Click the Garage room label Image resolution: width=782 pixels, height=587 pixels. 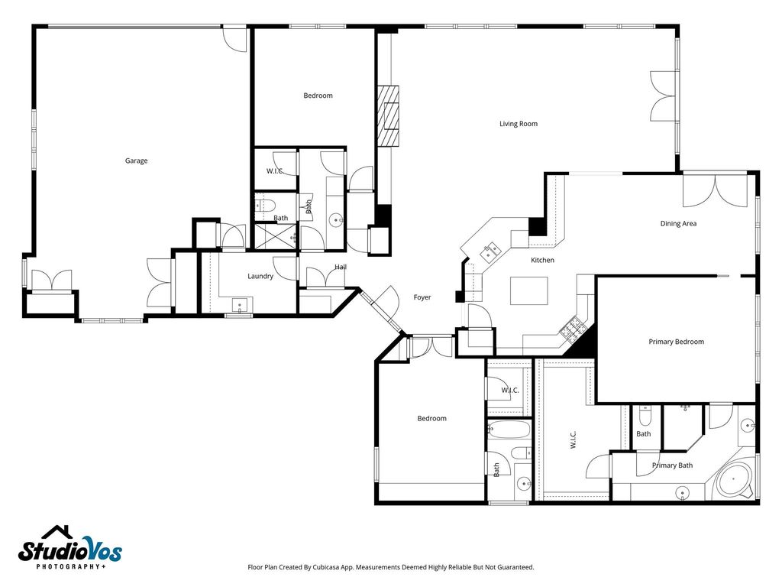coord(136,161)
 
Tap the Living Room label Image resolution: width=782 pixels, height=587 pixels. coord(519,124)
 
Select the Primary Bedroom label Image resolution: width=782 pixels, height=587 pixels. coord(677,342)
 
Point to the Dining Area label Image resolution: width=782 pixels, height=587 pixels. coord(678,224)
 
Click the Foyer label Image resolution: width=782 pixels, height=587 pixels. coord(422,297)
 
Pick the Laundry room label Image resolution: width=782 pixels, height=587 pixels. coord(260,276)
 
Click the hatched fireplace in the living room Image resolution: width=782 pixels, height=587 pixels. coord(388,116)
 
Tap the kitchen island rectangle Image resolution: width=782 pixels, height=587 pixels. coord(528,290)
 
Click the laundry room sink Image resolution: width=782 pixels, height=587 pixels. coord(240,305)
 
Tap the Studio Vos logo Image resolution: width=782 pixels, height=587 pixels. coord(70,547)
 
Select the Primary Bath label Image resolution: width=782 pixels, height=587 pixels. coord(672,465)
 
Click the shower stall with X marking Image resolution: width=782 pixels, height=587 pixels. coord(273,237)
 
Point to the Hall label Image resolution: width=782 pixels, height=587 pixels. coord(341,267)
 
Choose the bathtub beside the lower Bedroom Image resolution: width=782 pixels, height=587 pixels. coord(509,429)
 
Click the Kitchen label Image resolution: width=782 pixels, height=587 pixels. coord(542,260)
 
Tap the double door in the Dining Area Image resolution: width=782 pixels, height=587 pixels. coord(715,190)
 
